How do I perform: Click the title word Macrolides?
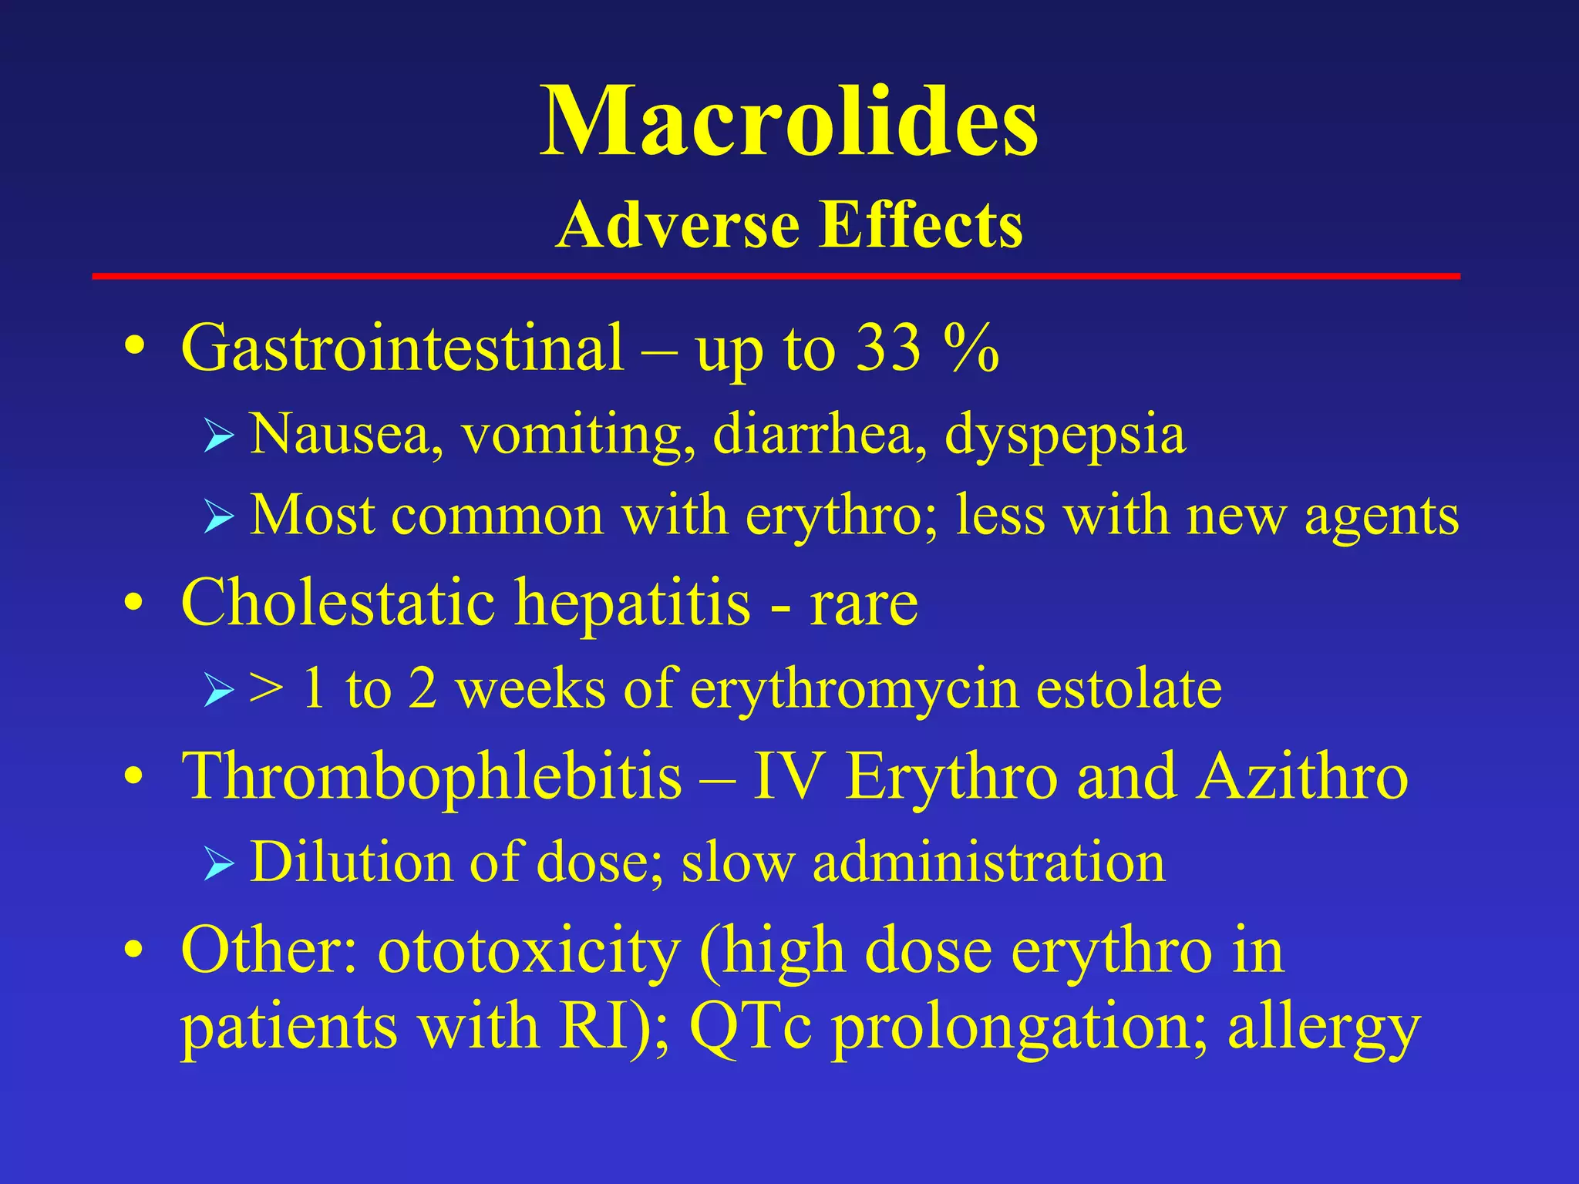click(789, 123)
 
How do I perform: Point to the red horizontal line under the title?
click(776, 276)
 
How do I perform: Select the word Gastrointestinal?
click(402, 348)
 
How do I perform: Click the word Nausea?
click(346, 434)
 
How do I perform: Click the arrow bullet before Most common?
click(218, 516)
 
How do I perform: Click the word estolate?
click(1129, 688)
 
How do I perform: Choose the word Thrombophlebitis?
click(432, 776)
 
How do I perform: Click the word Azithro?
click(1302, 776)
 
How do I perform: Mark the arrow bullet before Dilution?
click(218, 863)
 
